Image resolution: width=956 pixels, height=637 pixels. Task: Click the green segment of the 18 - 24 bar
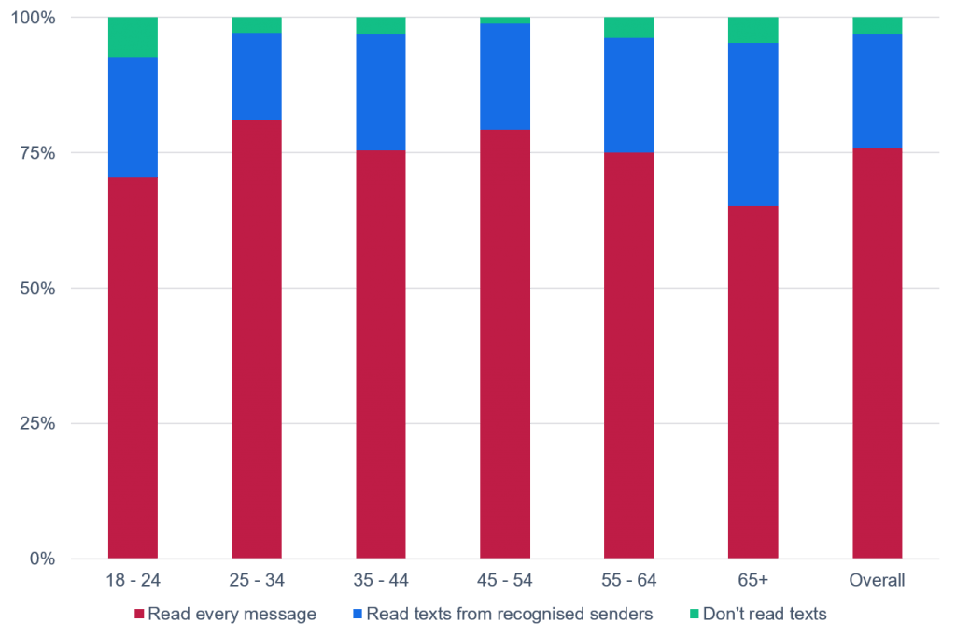tap(133, 37)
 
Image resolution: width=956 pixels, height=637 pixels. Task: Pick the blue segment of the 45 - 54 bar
tap(505, 77)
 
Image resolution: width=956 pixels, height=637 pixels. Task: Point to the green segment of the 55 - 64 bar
tap(629, 28)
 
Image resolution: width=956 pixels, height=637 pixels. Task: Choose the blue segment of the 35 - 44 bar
tap(381, 92)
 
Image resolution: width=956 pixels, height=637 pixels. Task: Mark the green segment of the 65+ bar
tap(752, 30)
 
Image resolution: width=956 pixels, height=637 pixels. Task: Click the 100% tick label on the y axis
tap(36, 18)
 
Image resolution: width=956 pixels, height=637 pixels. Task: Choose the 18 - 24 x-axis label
tap(133, 581)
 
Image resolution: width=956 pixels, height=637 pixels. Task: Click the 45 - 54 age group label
tap(505, 581)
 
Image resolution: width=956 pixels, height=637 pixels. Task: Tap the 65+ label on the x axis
tap(752, 581)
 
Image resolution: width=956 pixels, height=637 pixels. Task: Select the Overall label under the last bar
tap(877, 581)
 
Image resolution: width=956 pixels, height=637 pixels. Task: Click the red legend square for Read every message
tap(139, 615)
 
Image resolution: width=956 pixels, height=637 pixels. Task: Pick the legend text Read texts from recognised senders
tap(509, 615)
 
